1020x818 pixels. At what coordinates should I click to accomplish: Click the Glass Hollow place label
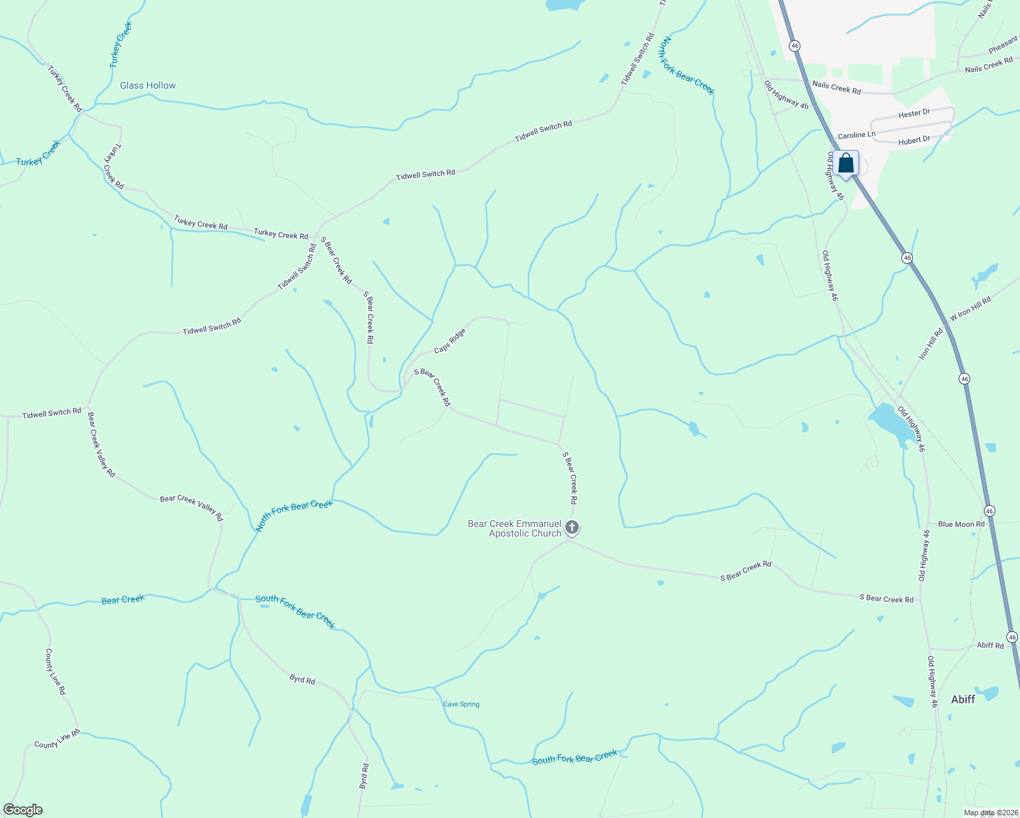pyautogui.click(x=147, y=85)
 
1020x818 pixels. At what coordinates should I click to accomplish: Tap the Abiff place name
pyautogui.click(x=963, y=699)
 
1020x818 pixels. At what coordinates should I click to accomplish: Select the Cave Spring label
pyautogui.click(x=461, y=704)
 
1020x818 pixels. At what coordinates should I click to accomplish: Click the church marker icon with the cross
pyautogui.click(x=572, y=528)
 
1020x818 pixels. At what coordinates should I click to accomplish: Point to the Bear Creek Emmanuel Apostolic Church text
pyautogui.click(x=515, y=528)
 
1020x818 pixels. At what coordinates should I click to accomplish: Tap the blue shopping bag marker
pyautogui.click(x=845, y=164)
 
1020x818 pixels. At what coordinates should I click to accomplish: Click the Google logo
pyautogui.click(x=23, y=809)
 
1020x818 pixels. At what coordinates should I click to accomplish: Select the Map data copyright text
pyautogui.click(x=989, y=813)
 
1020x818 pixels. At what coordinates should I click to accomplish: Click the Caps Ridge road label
pyautogui.click(x=450, y=341)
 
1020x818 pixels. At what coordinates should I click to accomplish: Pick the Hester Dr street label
pyautogui.click(x=914, y=114)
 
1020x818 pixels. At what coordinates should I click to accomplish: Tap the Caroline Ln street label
pyautogui.click(x=856, y=135)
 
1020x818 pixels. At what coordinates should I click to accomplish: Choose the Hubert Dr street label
pyautogui.click(x=914, y=140)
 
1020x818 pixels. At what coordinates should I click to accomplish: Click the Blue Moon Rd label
pyautogui.click(x=961, y=524)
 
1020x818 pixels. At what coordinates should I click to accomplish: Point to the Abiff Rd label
pyautogui.click(x=990, y=645)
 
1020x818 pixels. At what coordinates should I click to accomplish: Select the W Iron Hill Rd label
pyautogui.click(x=970, y=309)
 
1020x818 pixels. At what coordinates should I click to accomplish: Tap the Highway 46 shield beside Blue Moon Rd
pyautogui.click(x=989, y=511)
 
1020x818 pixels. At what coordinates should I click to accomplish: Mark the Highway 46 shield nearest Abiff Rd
pyautogui.click(x=1012, y=637)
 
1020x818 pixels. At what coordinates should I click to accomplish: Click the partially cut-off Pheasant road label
pyautogui.click(x=1004, y=45)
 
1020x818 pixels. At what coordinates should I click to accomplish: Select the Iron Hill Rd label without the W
pyautogui.click(x=930, y=344)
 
